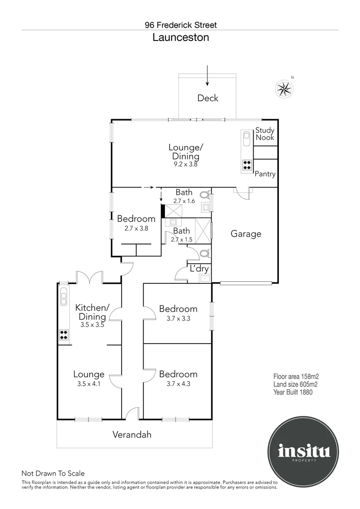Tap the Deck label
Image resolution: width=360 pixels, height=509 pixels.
[x=208, y=98]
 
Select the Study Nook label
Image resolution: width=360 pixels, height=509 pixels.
[x=265, y=134]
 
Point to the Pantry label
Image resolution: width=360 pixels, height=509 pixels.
[x=265, y=174]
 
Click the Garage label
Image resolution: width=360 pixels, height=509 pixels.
[x=245, y=234]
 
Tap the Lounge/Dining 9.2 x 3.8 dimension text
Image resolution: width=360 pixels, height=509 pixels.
[x=184, y=165]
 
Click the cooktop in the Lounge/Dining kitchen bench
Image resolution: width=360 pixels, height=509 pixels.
[x=247, y=165]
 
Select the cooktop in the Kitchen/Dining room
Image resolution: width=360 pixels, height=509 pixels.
[x=64, y=335]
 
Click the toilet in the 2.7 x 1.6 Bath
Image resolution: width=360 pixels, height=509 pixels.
[x=205, y=194]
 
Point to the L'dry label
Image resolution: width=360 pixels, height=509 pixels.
[x=199, y=269]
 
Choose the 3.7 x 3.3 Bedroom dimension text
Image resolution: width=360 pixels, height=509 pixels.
[x=178, y=318]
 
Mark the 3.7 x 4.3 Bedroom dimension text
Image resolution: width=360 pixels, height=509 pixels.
[x=178, y=383]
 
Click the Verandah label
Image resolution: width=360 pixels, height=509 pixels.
[x=132, y=435]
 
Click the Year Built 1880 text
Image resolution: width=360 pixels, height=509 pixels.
[x=293, y=392]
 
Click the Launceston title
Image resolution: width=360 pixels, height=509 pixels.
[x=180, y=38]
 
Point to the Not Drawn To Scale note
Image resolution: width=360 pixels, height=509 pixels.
[x=53, y=474]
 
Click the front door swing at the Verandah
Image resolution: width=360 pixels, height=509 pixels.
[x=132, y=413]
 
